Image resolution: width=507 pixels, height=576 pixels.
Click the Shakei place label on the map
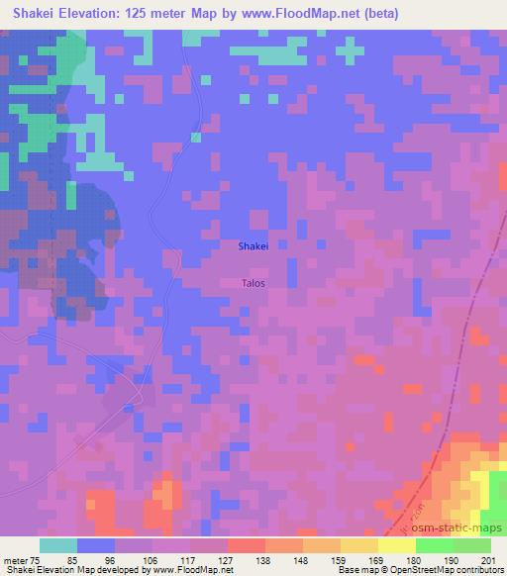253,246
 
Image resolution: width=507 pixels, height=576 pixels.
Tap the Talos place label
253,282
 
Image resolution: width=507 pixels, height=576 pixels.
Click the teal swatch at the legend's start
59,544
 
